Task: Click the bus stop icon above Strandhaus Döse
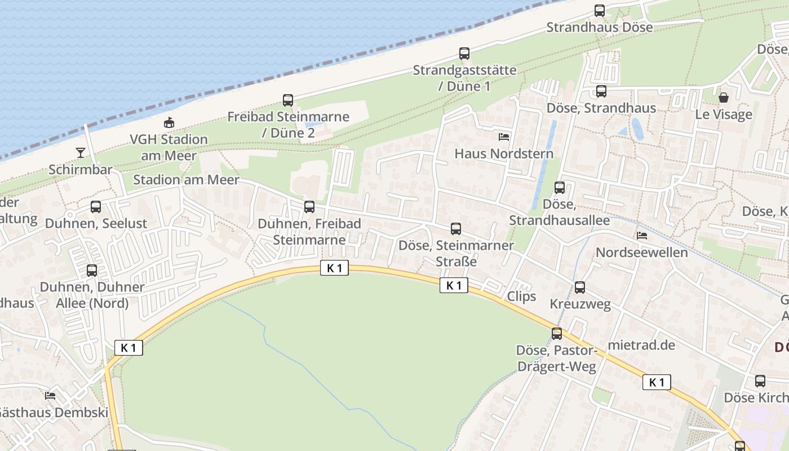(600, 10)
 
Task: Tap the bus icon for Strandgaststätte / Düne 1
(464, 54)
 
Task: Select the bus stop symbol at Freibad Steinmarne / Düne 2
(288, 100)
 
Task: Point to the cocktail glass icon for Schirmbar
(80, 153)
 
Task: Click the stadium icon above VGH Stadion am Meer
(169, 122)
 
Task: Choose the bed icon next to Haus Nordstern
(504, 136)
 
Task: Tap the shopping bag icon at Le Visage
(724, 98)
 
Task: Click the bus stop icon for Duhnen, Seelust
(96, 207)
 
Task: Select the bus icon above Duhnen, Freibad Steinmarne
(309, 207)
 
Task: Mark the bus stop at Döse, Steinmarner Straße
(456, 229)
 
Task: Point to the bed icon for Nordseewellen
(642, 235)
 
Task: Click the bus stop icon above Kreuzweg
(580, 288)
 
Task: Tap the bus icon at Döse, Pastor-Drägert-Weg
(557, 334)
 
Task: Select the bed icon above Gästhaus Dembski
(50, 396)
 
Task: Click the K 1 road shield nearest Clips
(454, 285)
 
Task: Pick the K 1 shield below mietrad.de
(657, 382)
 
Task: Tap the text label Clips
(521, 297)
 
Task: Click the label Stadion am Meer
(186, 180)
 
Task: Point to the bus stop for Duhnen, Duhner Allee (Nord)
(92, 271)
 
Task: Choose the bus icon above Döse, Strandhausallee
(560, 188)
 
